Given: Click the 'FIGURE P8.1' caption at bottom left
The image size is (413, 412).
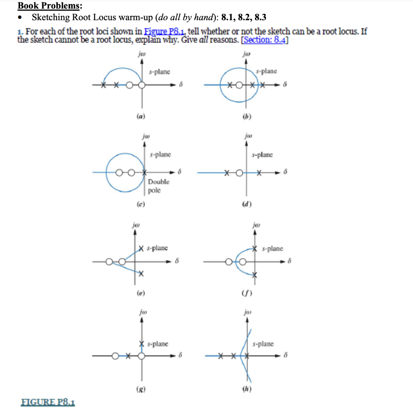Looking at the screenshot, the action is [47, 402].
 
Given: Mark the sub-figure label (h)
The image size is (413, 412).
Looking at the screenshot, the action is [244, 390].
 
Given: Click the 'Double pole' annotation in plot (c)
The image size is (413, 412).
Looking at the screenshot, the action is [159, 186].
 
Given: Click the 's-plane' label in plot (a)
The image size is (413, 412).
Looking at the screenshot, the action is [159, 71].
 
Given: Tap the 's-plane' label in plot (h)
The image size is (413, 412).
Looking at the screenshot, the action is [263, 344].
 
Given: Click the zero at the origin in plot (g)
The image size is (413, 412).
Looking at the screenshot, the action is [141, 356].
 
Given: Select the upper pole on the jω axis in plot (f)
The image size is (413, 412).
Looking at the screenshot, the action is [254, 248].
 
